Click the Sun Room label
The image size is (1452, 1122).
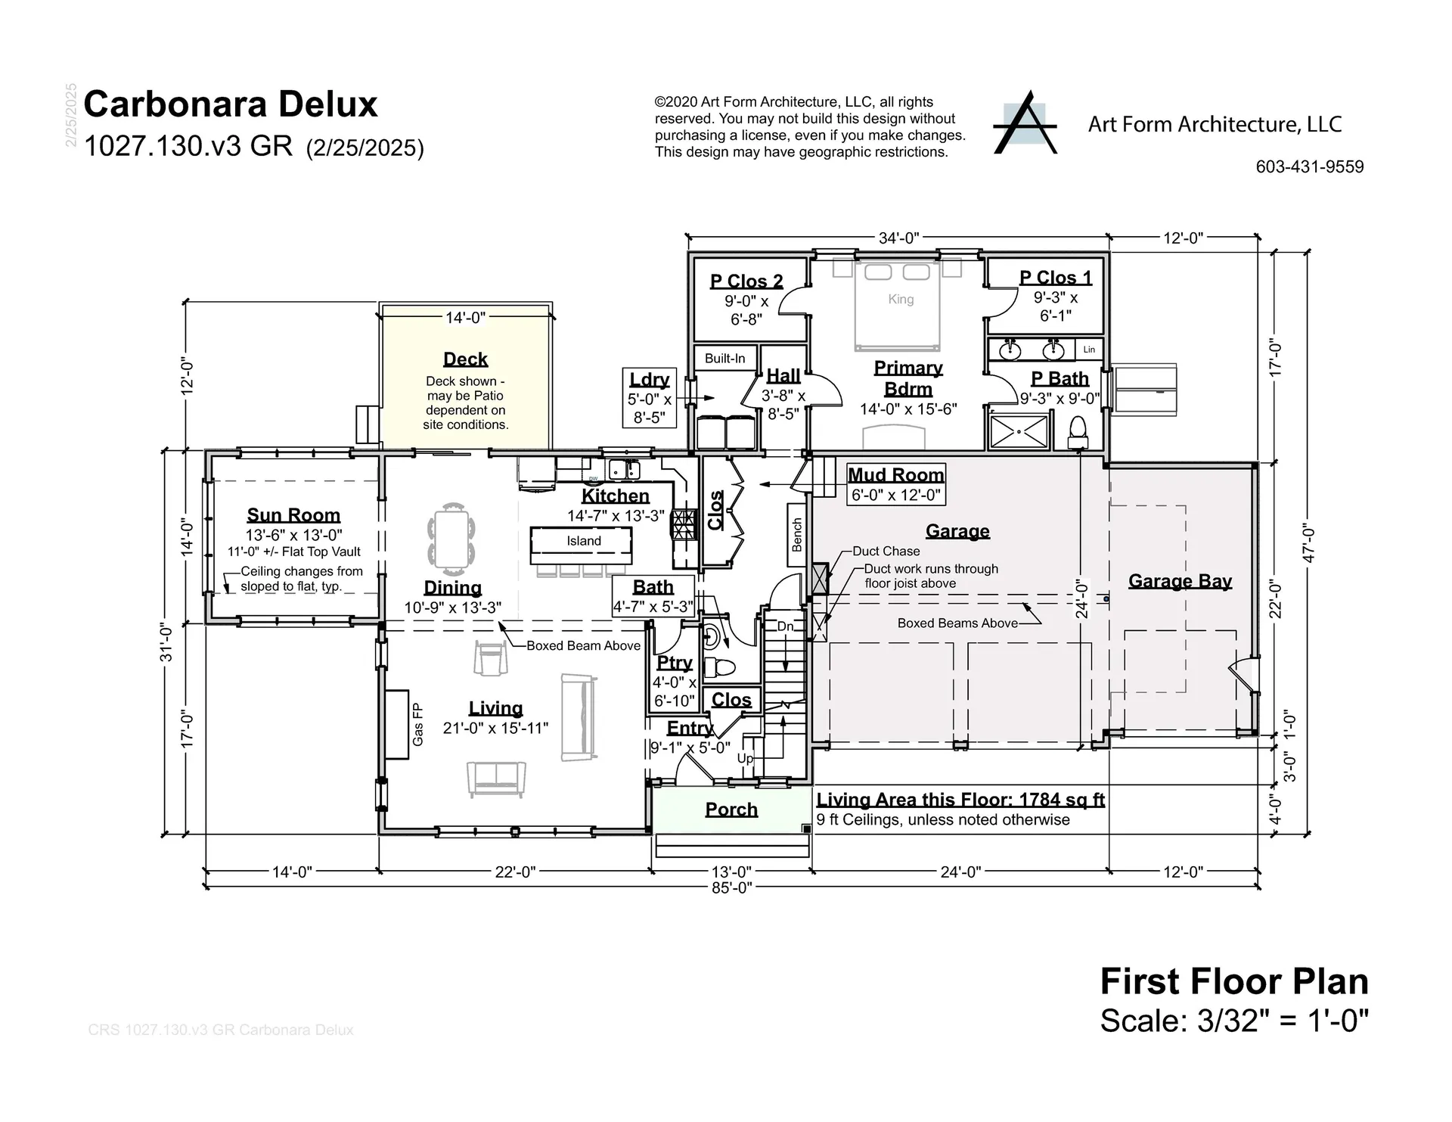(293, 515)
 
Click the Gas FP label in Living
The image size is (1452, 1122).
(417, 724)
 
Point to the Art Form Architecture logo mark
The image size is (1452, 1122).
(1025, 123)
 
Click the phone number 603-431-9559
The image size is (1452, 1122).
(1310, 167)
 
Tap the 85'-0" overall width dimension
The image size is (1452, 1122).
(732, 887)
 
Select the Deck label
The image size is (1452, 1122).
(465, 359)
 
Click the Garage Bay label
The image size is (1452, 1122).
(1180, 581)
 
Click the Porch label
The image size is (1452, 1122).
(731, 810)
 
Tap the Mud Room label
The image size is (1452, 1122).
(896, 475)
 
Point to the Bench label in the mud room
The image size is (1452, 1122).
(797, 534)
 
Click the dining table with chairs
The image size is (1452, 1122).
(451, 534)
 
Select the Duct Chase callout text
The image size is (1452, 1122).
(886, 552)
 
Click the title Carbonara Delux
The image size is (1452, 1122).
(231, 104)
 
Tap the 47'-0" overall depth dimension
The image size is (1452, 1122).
(1309, 543)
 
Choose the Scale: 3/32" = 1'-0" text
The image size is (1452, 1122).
(1234, 1021)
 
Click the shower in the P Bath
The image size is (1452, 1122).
(1019, 431)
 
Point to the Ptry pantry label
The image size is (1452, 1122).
(675, 663)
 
